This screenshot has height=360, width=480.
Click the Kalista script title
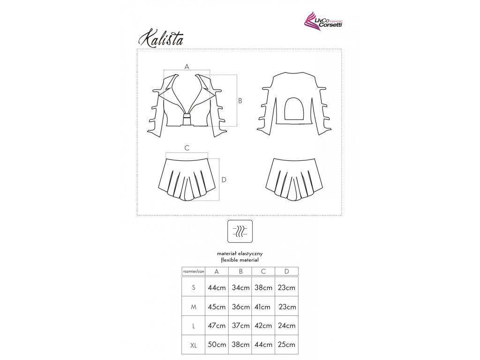161,38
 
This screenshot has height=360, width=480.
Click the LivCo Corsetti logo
323,21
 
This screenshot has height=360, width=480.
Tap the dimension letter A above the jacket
187,67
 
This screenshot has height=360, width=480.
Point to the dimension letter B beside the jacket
240,101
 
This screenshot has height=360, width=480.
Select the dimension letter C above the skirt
187,148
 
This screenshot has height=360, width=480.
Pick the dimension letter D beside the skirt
224,180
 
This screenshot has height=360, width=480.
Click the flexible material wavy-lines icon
240,231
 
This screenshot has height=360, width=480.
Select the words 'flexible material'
240,260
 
